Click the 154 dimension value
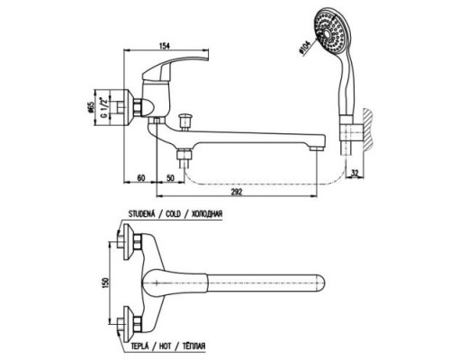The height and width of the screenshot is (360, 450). coord(164,46)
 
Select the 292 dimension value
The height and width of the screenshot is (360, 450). coord(237,192)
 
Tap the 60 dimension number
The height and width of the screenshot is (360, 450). coord(141,177)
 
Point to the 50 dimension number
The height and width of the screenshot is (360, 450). coord(170,177)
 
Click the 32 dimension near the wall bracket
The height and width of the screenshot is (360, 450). coord(355,173)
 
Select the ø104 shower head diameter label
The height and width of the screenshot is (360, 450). coord(304,49)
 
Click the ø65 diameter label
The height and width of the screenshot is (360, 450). coord(92,107)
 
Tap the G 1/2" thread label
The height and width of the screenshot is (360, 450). coord(103,107)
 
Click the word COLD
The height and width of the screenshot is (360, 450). coord(173,214)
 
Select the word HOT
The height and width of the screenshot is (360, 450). coord(165,346)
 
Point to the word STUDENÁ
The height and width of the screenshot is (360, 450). coord(141,214)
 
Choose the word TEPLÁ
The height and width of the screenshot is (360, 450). coord(139,346)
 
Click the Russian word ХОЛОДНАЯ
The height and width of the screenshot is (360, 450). coord(207,214)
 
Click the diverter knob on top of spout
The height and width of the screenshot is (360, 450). coord(183,121)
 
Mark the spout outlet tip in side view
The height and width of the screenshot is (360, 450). coord(317,148)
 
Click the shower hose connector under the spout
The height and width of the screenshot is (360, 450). coord(184,158)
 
